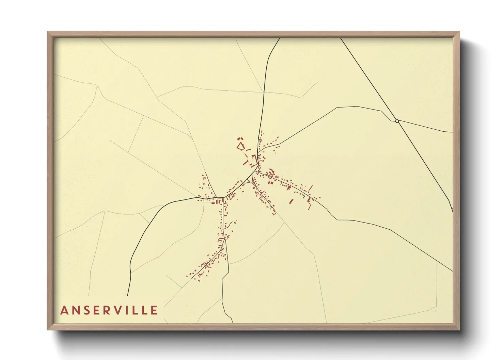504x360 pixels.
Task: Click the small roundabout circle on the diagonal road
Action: pyautogui.click(x=397, y=121)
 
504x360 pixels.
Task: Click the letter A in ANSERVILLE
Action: pyautogui.click(x=64, y=310)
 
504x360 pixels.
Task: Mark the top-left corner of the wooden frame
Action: pyautogui.click(x=48, y=32)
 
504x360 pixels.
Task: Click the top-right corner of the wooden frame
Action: pyautogui.click(x=459, y=32)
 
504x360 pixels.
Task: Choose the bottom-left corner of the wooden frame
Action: pyautogui.click(x=48, y=329)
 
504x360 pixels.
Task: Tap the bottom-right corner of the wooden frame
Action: pyautogui.click(x=459, y=329)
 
